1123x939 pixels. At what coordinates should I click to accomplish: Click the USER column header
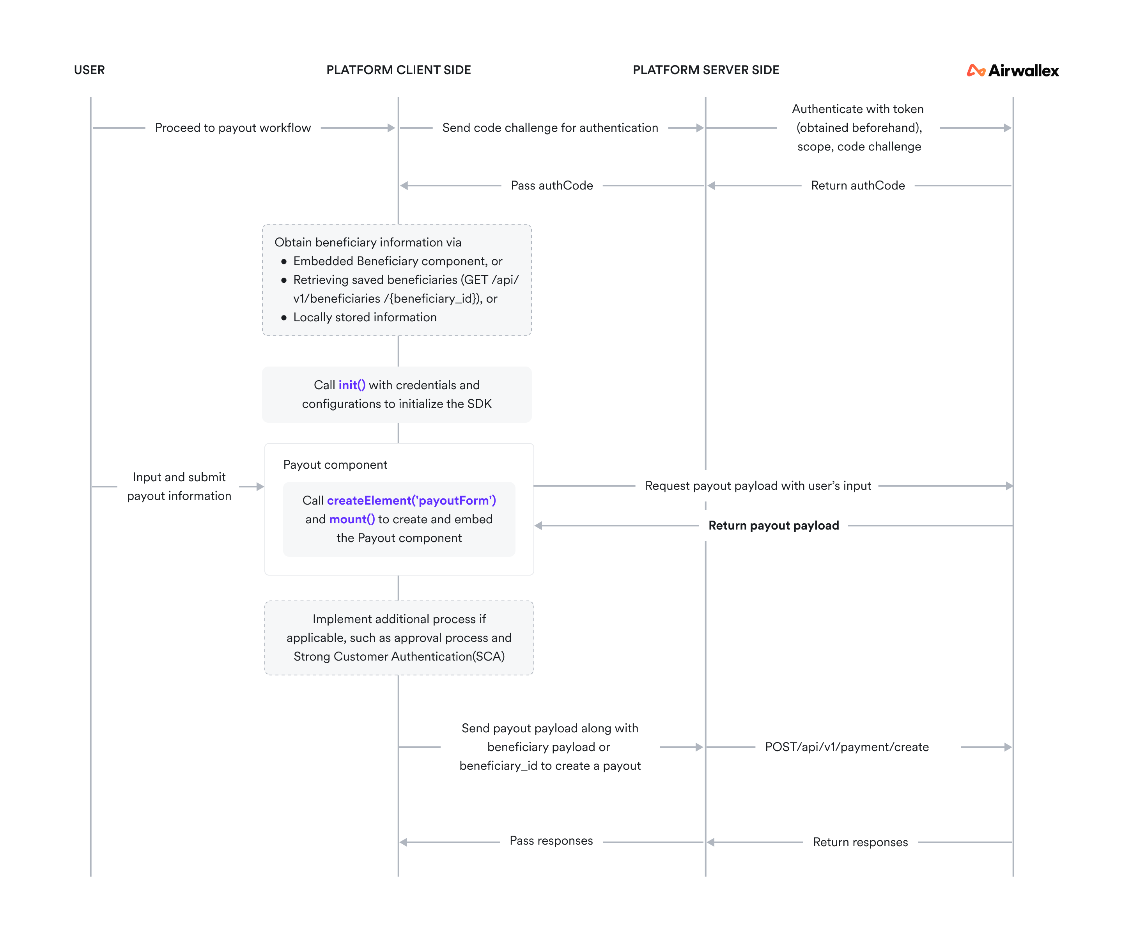pyautogui.click(x=89, y=70)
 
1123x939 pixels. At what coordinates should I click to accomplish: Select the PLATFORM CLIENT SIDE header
pyautogui.click(x=399, y=70)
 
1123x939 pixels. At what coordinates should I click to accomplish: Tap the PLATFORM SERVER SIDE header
pyautogui.click(x=705, y=70)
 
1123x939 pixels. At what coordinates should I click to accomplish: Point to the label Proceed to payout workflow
pyautogui.click(x=233, y=128)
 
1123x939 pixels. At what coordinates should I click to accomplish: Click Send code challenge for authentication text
pyautogui.click(x=550, y=128)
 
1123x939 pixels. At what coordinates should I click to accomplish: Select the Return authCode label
pyautogui.click(x=858, y=186)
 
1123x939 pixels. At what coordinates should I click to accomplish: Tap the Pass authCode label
pyautogui.click(x=551, y=186)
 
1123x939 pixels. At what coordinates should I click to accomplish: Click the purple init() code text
pyautogui.click(x=352, y=385)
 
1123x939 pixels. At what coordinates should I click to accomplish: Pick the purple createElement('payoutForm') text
pyautogui.click(x=411, y=501)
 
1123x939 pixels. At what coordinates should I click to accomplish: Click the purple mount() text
pyautogui.click(x=352, y=519)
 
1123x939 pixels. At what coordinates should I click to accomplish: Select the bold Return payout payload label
pyautogui.click(x=773, y=526)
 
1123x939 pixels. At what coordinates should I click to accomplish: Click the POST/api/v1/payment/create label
pyautogui.click(x=847, y=747)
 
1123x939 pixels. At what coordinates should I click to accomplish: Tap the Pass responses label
pyautogui.click(x=551, y=841)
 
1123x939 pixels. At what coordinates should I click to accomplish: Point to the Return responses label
pyautogui.click(x=860, y=842)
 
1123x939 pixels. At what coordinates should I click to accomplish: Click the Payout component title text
pyautogui.click(x=335, y=465)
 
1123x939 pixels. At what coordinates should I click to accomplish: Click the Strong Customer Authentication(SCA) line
pyautogui.click(x=399, y=656)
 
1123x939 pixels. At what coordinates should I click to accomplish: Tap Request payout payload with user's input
pyautogui.click(x=758, y=485)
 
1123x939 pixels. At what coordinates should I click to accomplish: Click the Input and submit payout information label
pyautogui.click(x=179, y=486)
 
